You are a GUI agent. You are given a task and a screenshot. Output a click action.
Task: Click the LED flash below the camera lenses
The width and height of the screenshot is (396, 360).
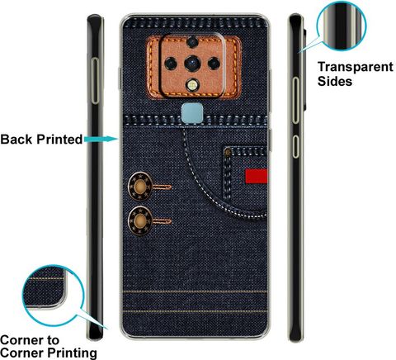192,85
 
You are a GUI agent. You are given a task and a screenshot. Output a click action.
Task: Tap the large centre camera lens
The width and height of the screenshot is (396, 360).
192,64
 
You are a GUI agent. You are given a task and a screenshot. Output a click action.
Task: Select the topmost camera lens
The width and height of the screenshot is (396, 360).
192,42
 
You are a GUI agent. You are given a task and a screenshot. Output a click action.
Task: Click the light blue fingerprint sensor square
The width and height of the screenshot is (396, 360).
192,113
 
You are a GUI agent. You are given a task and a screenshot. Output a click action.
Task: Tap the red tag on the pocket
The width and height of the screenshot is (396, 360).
257,176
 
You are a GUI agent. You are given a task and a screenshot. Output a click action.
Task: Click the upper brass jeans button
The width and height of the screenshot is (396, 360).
140,187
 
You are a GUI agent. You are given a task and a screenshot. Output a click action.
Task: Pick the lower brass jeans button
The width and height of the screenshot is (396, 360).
140,220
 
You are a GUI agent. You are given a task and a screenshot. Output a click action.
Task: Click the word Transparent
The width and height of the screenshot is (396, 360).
356,67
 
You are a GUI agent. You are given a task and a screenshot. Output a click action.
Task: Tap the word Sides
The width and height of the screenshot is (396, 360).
335,82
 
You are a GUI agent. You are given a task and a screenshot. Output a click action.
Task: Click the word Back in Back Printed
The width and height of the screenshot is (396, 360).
16,140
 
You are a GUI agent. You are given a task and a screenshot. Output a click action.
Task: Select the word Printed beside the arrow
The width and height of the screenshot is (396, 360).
59,140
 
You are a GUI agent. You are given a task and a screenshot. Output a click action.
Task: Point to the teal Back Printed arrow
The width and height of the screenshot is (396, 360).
101,140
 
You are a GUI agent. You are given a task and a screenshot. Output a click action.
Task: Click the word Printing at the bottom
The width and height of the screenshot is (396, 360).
73,353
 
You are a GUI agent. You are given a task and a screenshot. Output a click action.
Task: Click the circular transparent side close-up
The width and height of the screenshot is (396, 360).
342,26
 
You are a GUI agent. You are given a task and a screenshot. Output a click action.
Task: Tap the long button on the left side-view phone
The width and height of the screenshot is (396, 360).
95,81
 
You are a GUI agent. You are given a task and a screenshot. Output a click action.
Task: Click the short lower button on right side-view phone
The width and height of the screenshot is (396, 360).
295,146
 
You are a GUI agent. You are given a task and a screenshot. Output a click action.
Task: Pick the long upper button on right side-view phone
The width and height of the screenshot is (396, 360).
295,100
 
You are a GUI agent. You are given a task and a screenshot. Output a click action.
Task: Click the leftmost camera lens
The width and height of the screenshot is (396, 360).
171,64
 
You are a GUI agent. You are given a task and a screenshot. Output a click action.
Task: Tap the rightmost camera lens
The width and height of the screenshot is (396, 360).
214,64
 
